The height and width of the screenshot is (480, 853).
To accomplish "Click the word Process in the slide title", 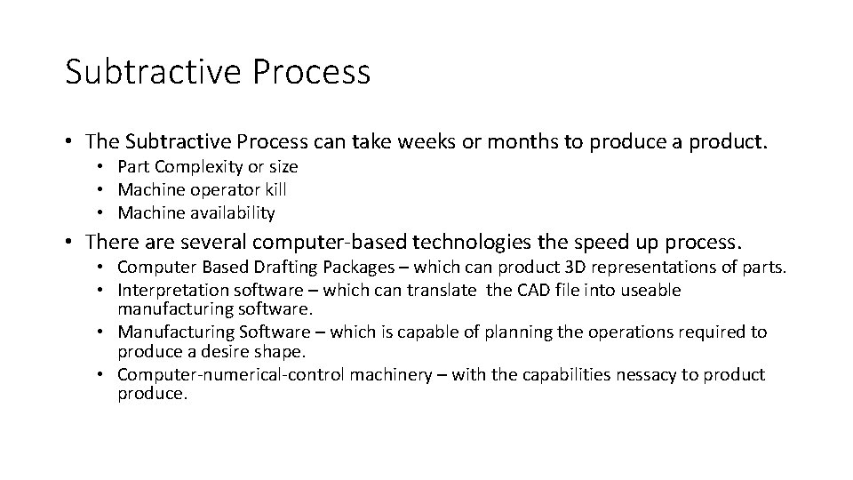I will coord(313,72).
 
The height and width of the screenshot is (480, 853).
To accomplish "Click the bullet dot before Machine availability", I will coord(103,213).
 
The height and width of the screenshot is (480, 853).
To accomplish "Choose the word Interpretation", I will coord(169,291).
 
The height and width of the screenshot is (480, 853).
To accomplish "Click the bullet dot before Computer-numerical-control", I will coord(103,375).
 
